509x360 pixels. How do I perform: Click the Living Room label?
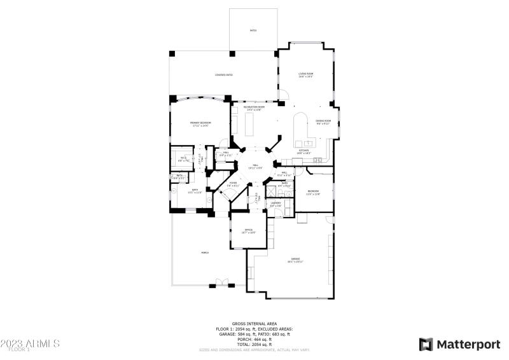pos(306,74)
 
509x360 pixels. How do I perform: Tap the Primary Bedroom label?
pos(200,123)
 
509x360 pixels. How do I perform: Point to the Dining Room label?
pos(323,121)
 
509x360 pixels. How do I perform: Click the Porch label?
pos(205,253)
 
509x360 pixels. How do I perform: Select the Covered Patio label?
pos(223,75)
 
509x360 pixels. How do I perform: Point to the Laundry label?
pos(275,204)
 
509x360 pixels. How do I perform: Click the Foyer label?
pos(233,184)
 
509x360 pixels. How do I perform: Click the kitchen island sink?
pos(309,143)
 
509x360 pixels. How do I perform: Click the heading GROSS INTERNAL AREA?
pos(254,324)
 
